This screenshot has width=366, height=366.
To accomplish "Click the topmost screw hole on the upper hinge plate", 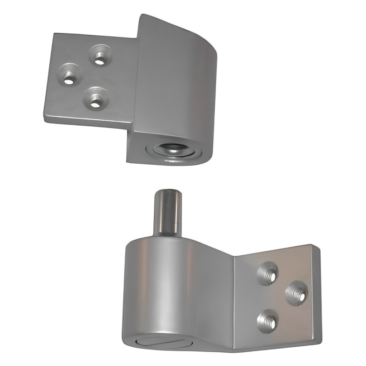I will pyautogui.click(x=99, y=57).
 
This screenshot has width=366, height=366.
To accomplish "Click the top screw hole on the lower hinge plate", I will pyautogui.click(x=269, y=274).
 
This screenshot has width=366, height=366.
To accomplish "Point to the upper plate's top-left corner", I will pyautogui.click(x=54, y=34).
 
